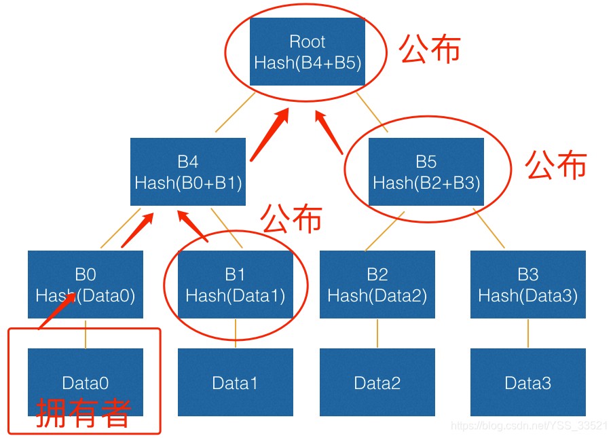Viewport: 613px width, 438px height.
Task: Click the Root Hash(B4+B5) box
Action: [x=308, y=52]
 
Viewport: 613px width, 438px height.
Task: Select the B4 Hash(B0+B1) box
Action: [x=188, y=172]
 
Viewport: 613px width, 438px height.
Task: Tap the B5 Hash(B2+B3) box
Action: [x=426, y=172]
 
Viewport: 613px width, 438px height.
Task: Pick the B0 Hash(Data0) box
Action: [x=86, y=285]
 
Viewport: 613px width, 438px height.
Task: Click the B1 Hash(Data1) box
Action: [x=235, y=285]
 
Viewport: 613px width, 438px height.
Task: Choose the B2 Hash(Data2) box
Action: [x=377, y=285]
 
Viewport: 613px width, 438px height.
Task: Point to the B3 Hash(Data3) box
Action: [x=527, y=285]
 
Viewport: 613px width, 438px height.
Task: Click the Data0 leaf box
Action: [x=86, y=376]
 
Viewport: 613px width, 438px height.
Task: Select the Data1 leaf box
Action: [x=235, y=382]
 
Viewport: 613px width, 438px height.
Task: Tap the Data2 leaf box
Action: [x=377, y=382]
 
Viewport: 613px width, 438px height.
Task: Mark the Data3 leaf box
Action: [x=527, y=382]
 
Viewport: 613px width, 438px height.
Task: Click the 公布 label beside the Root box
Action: [x=430, y=50]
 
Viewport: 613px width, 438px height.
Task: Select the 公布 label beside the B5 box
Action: [x=556, y=164]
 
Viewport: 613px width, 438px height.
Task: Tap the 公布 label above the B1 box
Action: [x=291, y=217]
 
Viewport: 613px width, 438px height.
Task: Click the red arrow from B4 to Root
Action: [x=270, y=134]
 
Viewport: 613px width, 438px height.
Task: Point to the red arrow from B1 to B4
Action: [x=193, y=225]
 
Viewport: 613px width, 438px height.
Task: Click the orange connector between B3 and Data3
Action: [x=528, y=333]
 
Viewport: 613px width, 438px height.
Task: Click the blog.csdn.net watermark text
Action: [x=530, y=426]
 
